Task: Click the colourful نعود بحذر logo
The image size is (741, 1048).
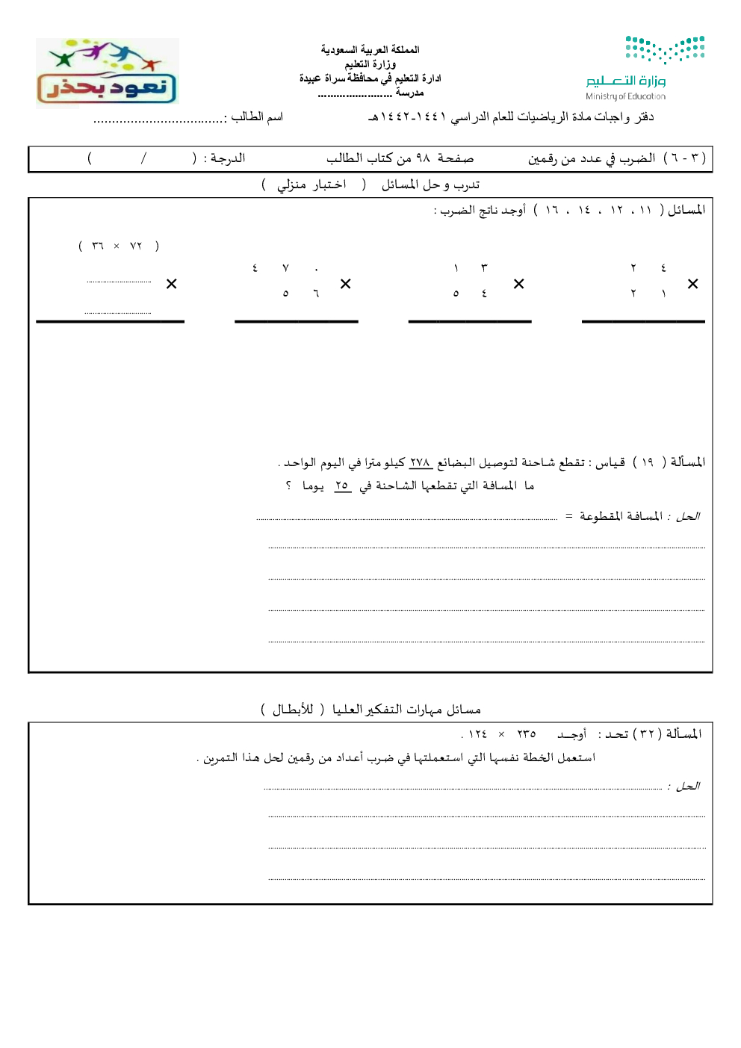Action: tap(107, 73)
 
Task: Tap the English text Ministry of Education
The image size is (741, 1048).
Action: tap(625, 96)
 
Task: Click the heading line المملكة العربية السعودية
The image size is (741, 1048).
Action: tap(370, 49)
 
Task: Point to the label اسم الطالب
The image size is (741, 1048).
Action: tap(257, 117)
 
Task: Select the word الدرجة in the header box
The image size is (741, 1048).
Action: tap(227, 158)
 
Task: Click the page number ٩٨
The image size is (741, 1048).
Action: tap(423, 158)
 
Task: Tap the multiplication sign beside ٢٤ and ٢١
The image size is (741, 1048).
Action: tap(692, 284)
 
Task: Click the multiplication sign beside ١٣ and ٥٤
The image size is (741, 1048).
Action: tap(518, 284)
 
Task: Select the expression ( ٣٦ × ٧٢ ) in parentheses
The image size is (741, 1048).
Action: tap(118, 246)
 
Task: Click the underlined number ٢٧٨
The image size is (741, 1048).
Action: tap(421, 462)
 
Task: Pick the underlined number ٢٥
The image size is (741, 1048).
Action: tap(342, 486)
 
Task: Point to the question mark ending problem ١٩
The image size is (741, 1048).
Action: tap(288, 486)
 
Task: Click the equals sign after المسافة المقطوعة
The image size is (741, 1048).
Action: tap(568, 516)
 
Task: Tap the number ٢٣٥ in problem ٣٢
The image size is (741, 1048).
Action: tap(527, 734)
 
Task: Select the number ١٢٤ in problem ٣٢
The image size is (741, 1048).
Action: tap(477, 734)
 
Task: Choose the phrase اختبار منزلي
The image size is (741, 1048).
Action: tap(311, 185)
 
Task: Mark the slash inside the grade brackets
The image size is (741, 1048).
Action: tap(143, 158)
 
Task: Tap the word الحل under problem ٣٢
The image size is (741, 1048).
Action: tap(687, 786)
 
